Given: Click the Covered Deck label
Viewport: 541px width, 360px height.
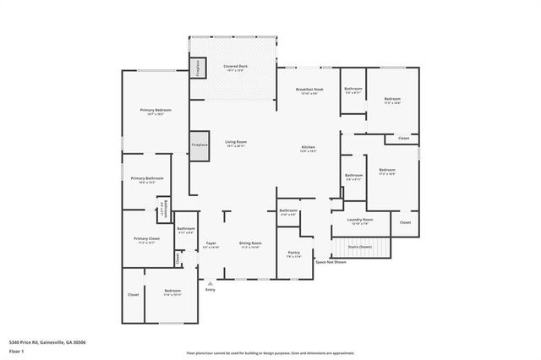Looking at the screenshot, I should click(235, 66).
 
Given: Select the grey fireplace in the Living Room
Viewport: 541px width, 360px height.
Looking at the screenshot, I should click(199, 145).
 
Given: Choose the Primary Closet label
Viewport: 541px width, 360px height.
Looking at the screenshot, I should click(146, 238).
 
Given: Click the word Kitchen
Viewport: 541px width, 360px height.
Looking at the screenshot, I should click(309, 148).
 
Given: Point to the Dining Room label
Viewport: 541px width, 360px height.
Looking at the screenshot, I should click(250, 243).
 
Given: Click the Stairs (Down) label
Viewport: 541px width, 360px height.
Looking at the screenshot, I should click(360, 247).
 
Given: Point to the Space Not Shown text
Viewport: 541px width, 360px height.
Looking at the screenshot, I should click(331, 262).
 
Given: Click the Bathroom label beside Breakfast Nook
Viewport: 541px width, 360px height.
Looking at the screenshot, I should click(353, 89).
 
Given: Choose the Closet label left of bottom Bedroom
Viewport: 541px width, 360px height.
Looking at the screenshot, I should click(133, 294).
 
